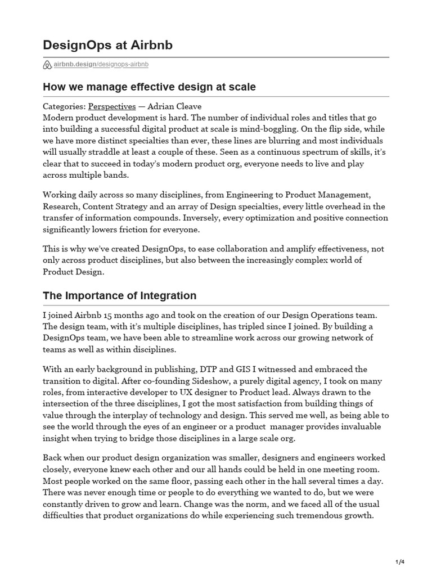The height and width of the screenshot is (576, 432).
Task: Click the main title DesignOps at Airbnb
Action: [x=108, y=45]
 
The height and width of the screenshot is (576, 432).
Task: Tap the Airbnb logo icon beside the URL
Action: [x=47, y=65]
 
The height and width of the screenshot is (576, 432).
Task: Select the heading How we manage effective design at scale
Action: [x=149, y=87]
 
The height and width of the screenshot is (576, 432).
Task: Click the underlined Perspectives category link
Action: [x=112, y=106]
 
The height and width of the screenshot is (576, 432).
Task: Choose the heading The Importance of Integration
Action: [x=119, y=295]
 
